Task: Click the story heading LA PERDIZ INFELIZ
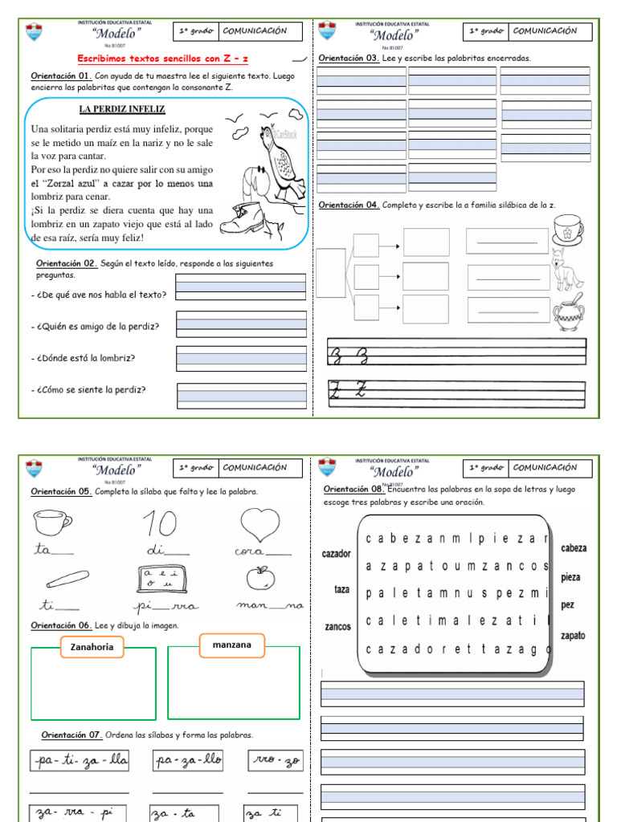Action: (x=122, y=108)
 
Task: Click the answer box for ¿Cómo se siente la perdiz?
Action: (x=241, y=392)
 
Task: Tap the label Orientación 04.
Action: (x=349, y=205)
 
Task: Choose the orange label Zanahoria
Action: (x=92, y=646)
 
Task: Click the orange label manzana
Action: (x=231, y=645)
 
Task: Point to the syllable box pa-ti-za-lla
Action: (x=79, y=759)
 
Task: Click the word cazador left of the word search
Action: (x=336, y=554)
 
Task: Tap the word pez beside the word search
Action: (x=568, y=605)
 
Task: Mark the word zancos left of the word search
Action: (x=337, y=626)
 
